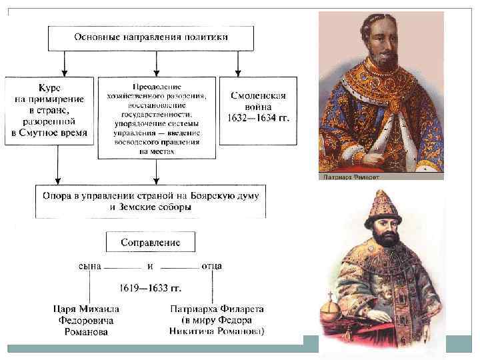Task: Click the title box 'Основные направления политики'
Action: coord(151,38)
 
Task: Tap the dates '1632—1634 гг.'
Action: coord(259,119)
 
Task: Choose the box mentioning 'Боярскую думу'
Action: coord(151,200)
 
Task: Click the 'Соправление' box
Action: coord(150,241)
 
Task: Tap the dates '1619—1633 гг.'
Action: coord(151,289)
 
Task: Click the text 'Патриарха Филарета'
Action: coord(217,309)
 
